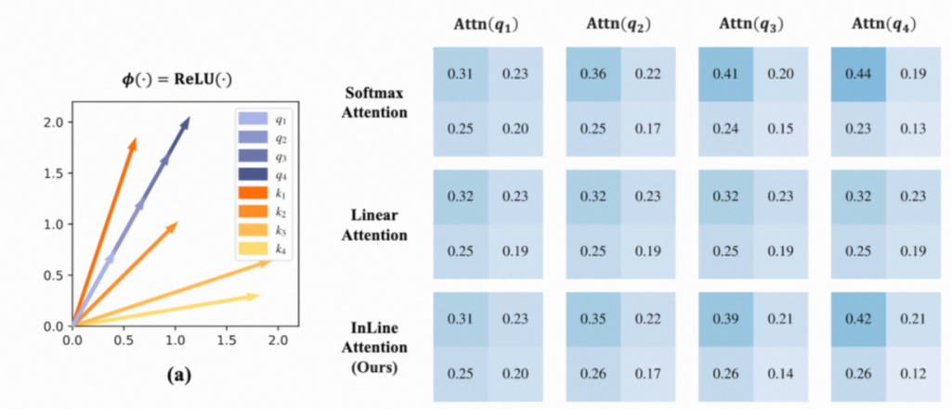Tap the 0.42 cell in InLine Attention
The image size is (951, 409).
tap(857, 319)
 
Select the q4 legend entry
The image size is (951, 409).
tap(264, 173)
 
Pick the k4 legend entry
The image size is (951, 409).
tap(264, 248)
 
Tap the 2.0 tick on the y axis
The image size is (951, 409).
tap(54, 122)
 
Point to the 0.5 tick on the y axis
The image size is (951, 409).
tap(54, 275)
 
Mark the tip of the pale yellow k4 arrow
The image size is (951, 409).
tap(259, 295)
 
